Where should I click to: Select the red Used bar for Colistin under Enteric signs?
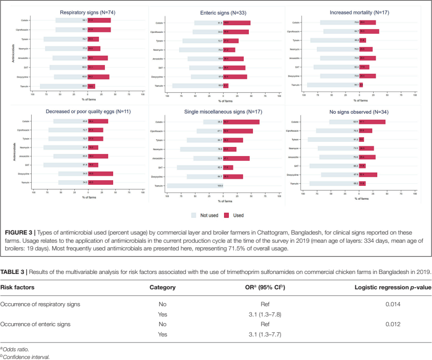pyautogui.click(x=240, y=23)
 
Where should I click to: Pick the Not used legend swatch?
pyautogui.click(x=194, y=216)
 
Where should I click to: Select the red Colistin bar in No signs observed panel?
pyautogui.click(x=372, y=122)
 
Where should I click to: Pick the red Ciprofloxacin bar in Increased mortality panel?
pyautogui.click(x=369, y=31)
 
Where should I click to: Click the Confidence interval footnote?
pyautogui.click(x=26, y=356)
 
